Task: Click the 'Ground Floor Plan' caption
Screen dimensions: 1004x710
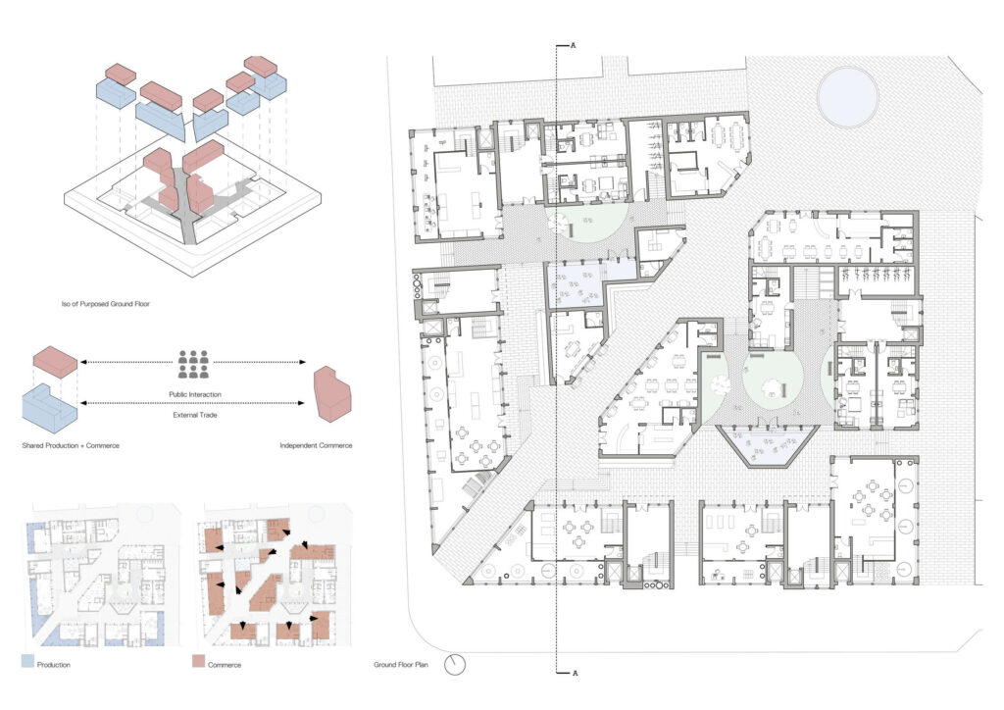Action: point(400,665)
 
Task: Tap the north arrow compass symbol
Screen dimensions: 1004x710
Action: point(455,665)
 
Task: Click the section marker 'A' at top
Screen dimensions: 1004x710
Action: point(574,45)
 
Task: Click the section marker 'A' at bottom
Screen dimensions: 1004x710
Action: point(575,673)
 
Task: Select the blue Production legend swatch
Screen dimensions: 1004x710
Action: point(27,661)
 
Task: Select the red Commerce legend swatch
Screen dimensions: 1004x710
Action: point(198,661)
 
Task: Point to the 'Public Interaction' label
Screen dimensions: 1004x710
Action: point(195,394)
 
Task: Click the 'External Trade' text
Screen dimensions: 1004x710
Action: point(195,415)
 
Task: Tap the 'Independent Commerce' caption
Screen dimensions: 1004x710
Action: point(316,445)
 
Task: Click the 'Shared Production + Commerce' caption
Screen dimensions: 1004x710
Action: point(71,445)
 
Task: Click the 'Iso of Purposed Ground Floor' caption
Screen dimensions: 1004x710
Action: point(105,303)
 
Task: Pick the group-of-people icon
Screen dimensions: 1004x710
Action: point(194,364)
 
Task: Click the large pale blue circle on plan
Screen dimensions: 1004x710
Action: point(847,97)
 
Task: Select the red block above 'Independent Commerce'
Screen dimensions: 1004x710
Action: point(332,393)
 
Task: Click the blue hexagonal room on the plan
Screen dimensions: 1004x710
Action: point(767,445)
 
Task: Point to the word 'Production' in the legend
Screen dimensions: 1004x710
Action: point(54,665)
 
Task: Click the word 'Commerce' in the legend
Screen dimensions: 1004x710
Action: point(225,665)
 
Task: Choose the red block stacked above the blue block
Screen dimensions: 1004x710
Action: point(55,362)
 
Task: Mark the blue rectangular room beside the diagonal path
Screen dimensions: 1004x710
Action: point(575,285)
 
